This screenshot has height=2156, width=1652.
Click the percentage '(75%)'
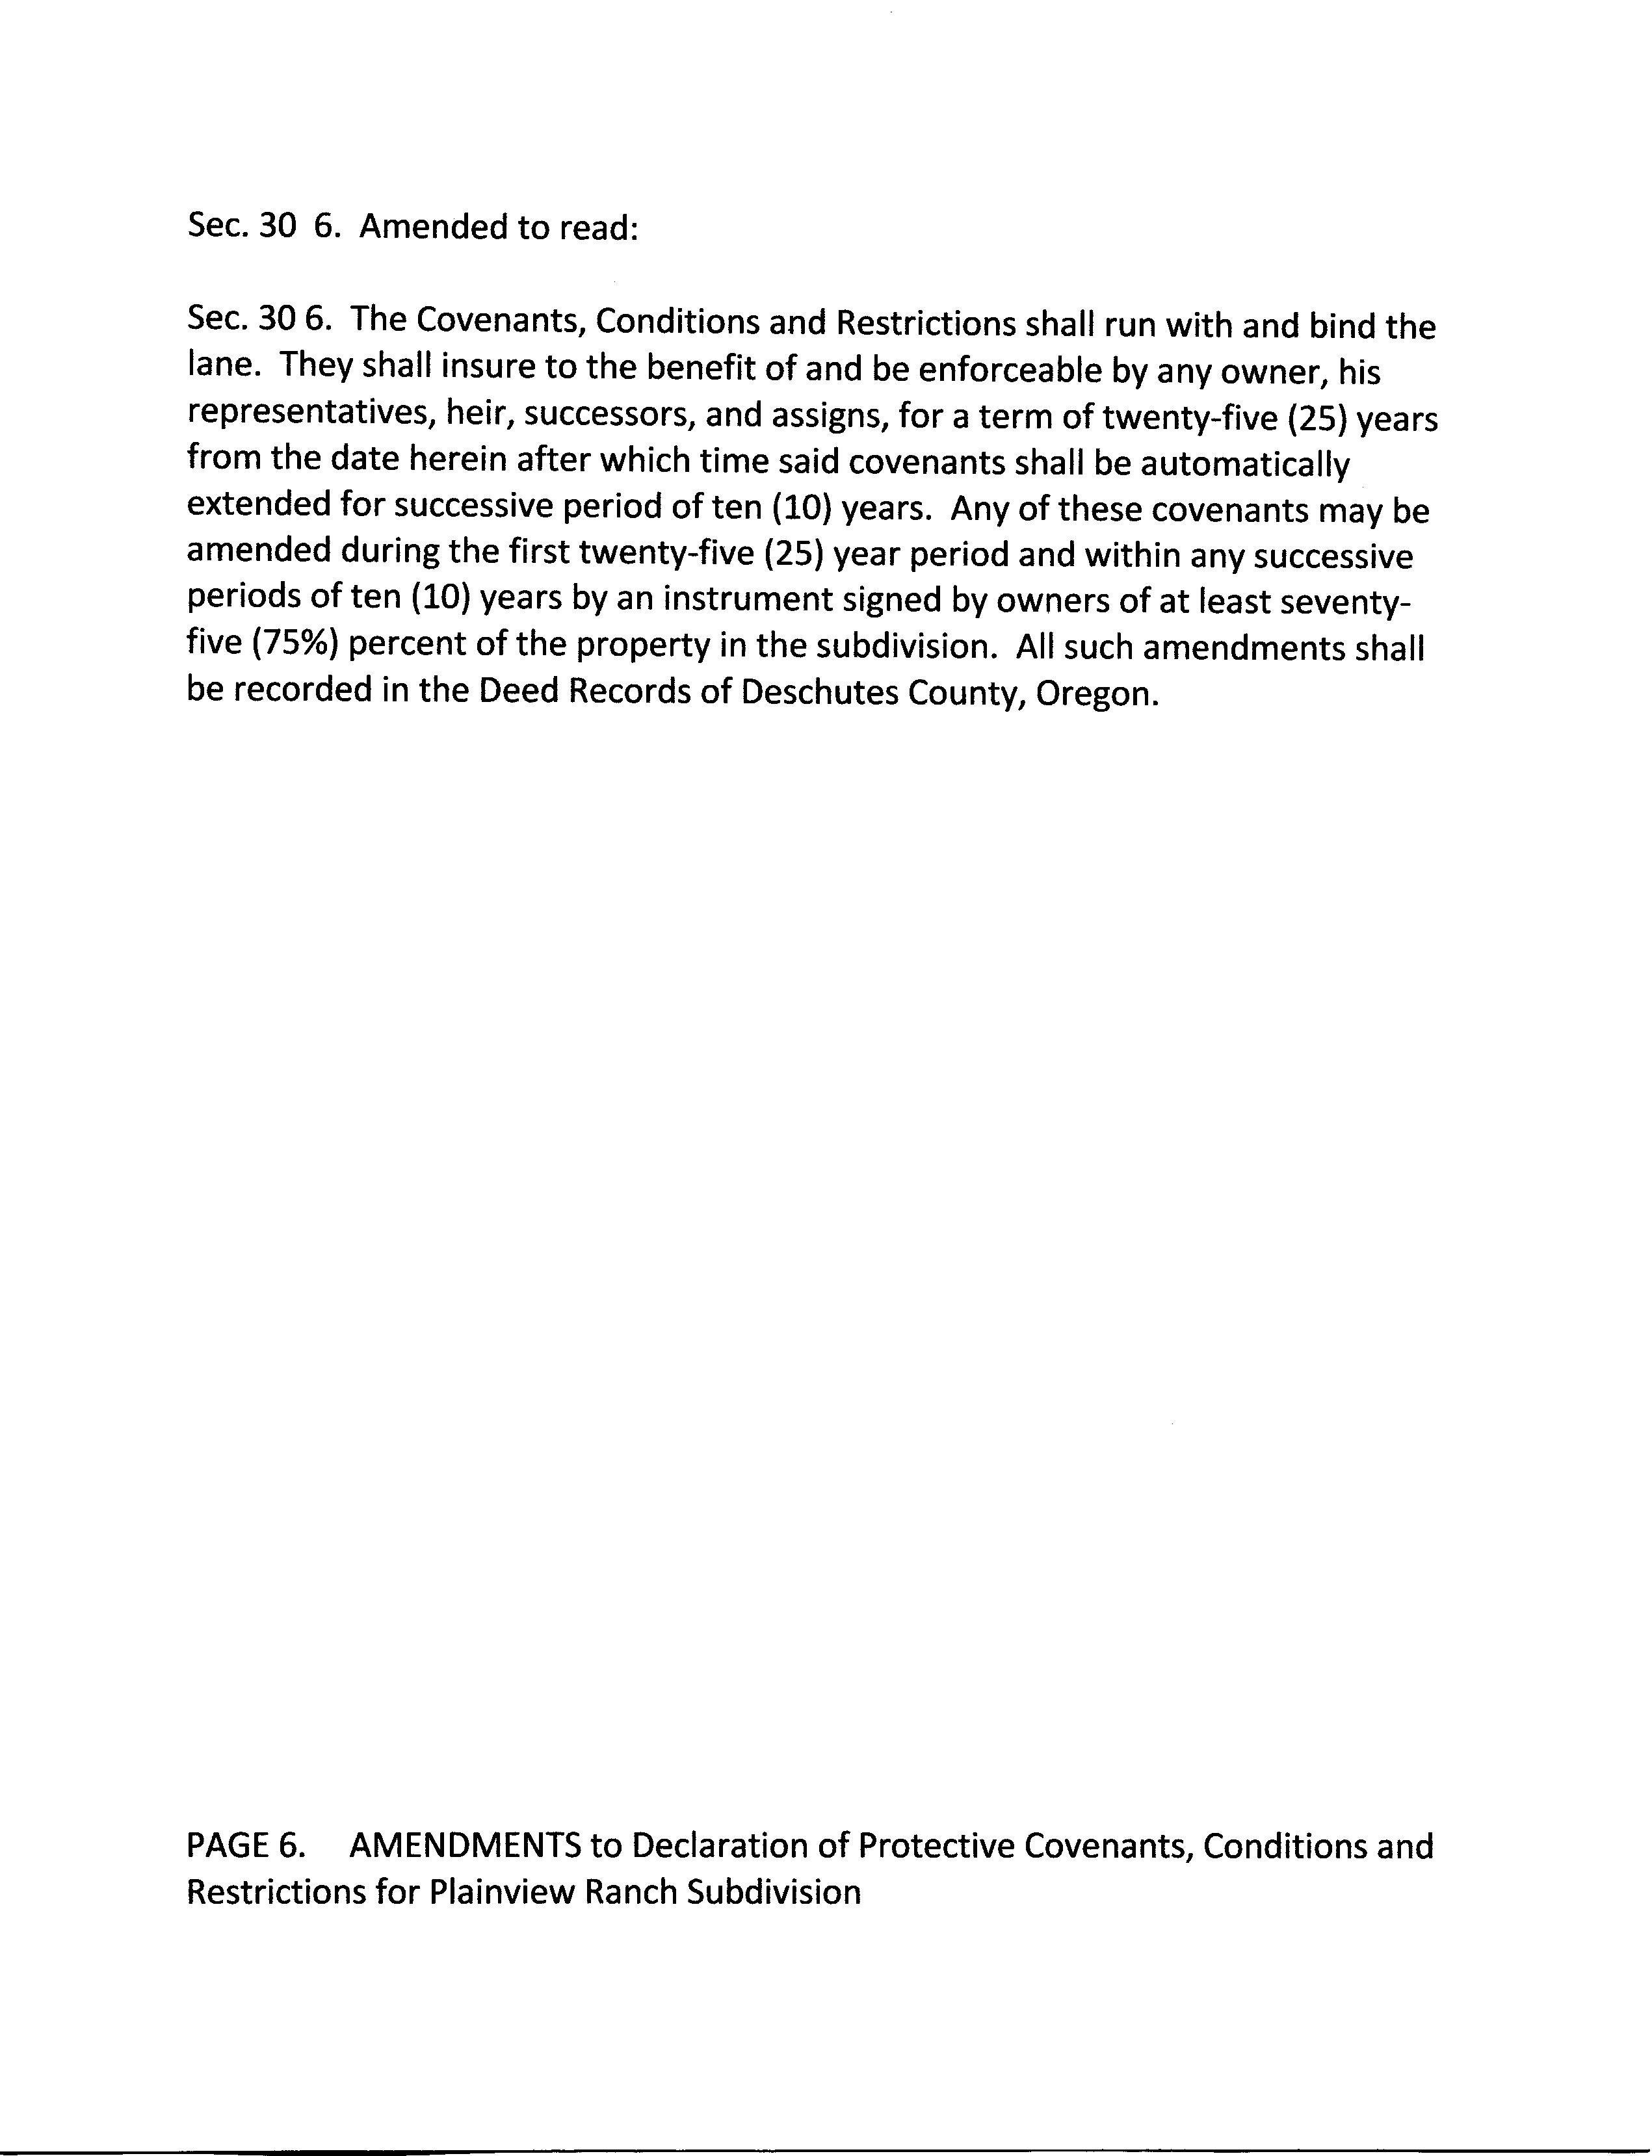302,644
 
